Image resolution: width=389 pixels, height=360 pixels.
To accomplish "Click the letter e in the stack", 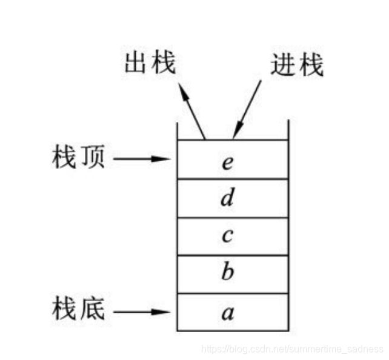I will click(227, 162).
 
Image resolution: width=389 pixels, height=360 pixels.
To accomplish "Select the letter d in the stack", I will click(227, 198).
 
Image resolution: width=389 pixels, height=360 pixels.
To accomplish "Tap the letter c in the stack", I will click(227, 236).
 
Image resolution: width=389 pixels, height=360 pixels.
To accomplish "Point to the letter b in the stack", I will click(227, 273).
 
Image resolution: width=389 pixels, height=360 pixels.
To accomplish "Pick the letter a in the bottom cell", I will click(227, 313).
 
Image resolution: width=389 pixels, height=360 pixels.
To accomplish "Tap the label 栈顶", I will click(78, 159).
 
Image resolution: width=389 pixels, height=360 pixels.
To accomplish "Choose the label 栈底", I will click(78, 312).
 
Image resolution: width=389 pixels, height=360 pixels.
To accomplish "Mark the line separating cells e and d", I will click(232, 179).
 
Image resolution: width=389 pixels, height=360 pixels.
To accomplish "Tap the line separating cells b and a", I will click(232, 293).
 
